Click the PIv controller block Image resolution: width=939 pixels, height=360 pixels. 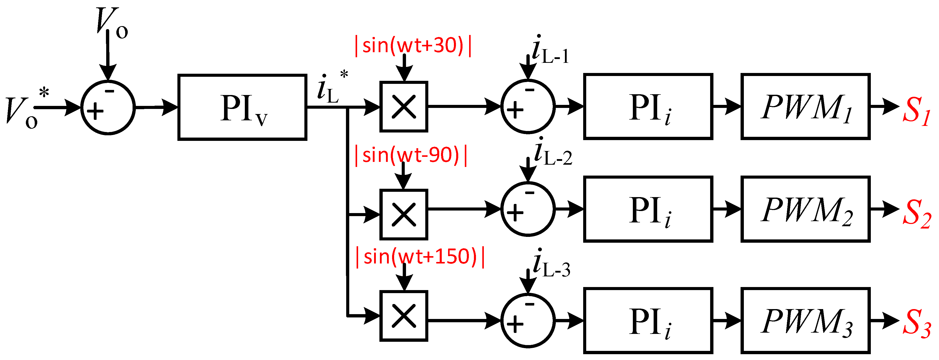[242, 107]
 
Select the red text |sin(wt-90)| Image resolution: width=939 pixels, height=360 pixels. [411, 155]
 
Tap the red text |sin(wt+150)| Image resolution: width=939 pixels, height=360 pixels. [420, 257]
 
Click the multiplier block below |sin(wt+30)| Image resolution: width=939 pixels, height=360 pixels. [403, 107]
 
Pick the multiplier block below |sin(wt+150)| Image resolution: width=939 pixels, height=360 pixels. [403, 316]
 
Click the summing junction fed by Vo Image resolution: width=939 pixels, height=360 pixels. [108, 107]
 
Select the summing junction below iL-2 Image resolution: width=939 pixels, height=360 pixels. [528, 209]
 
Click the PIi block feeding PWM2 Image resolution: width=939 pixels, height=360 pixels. [648, 210]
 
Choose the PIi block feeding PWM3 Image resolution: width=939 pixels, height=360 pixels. [648, 321]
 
